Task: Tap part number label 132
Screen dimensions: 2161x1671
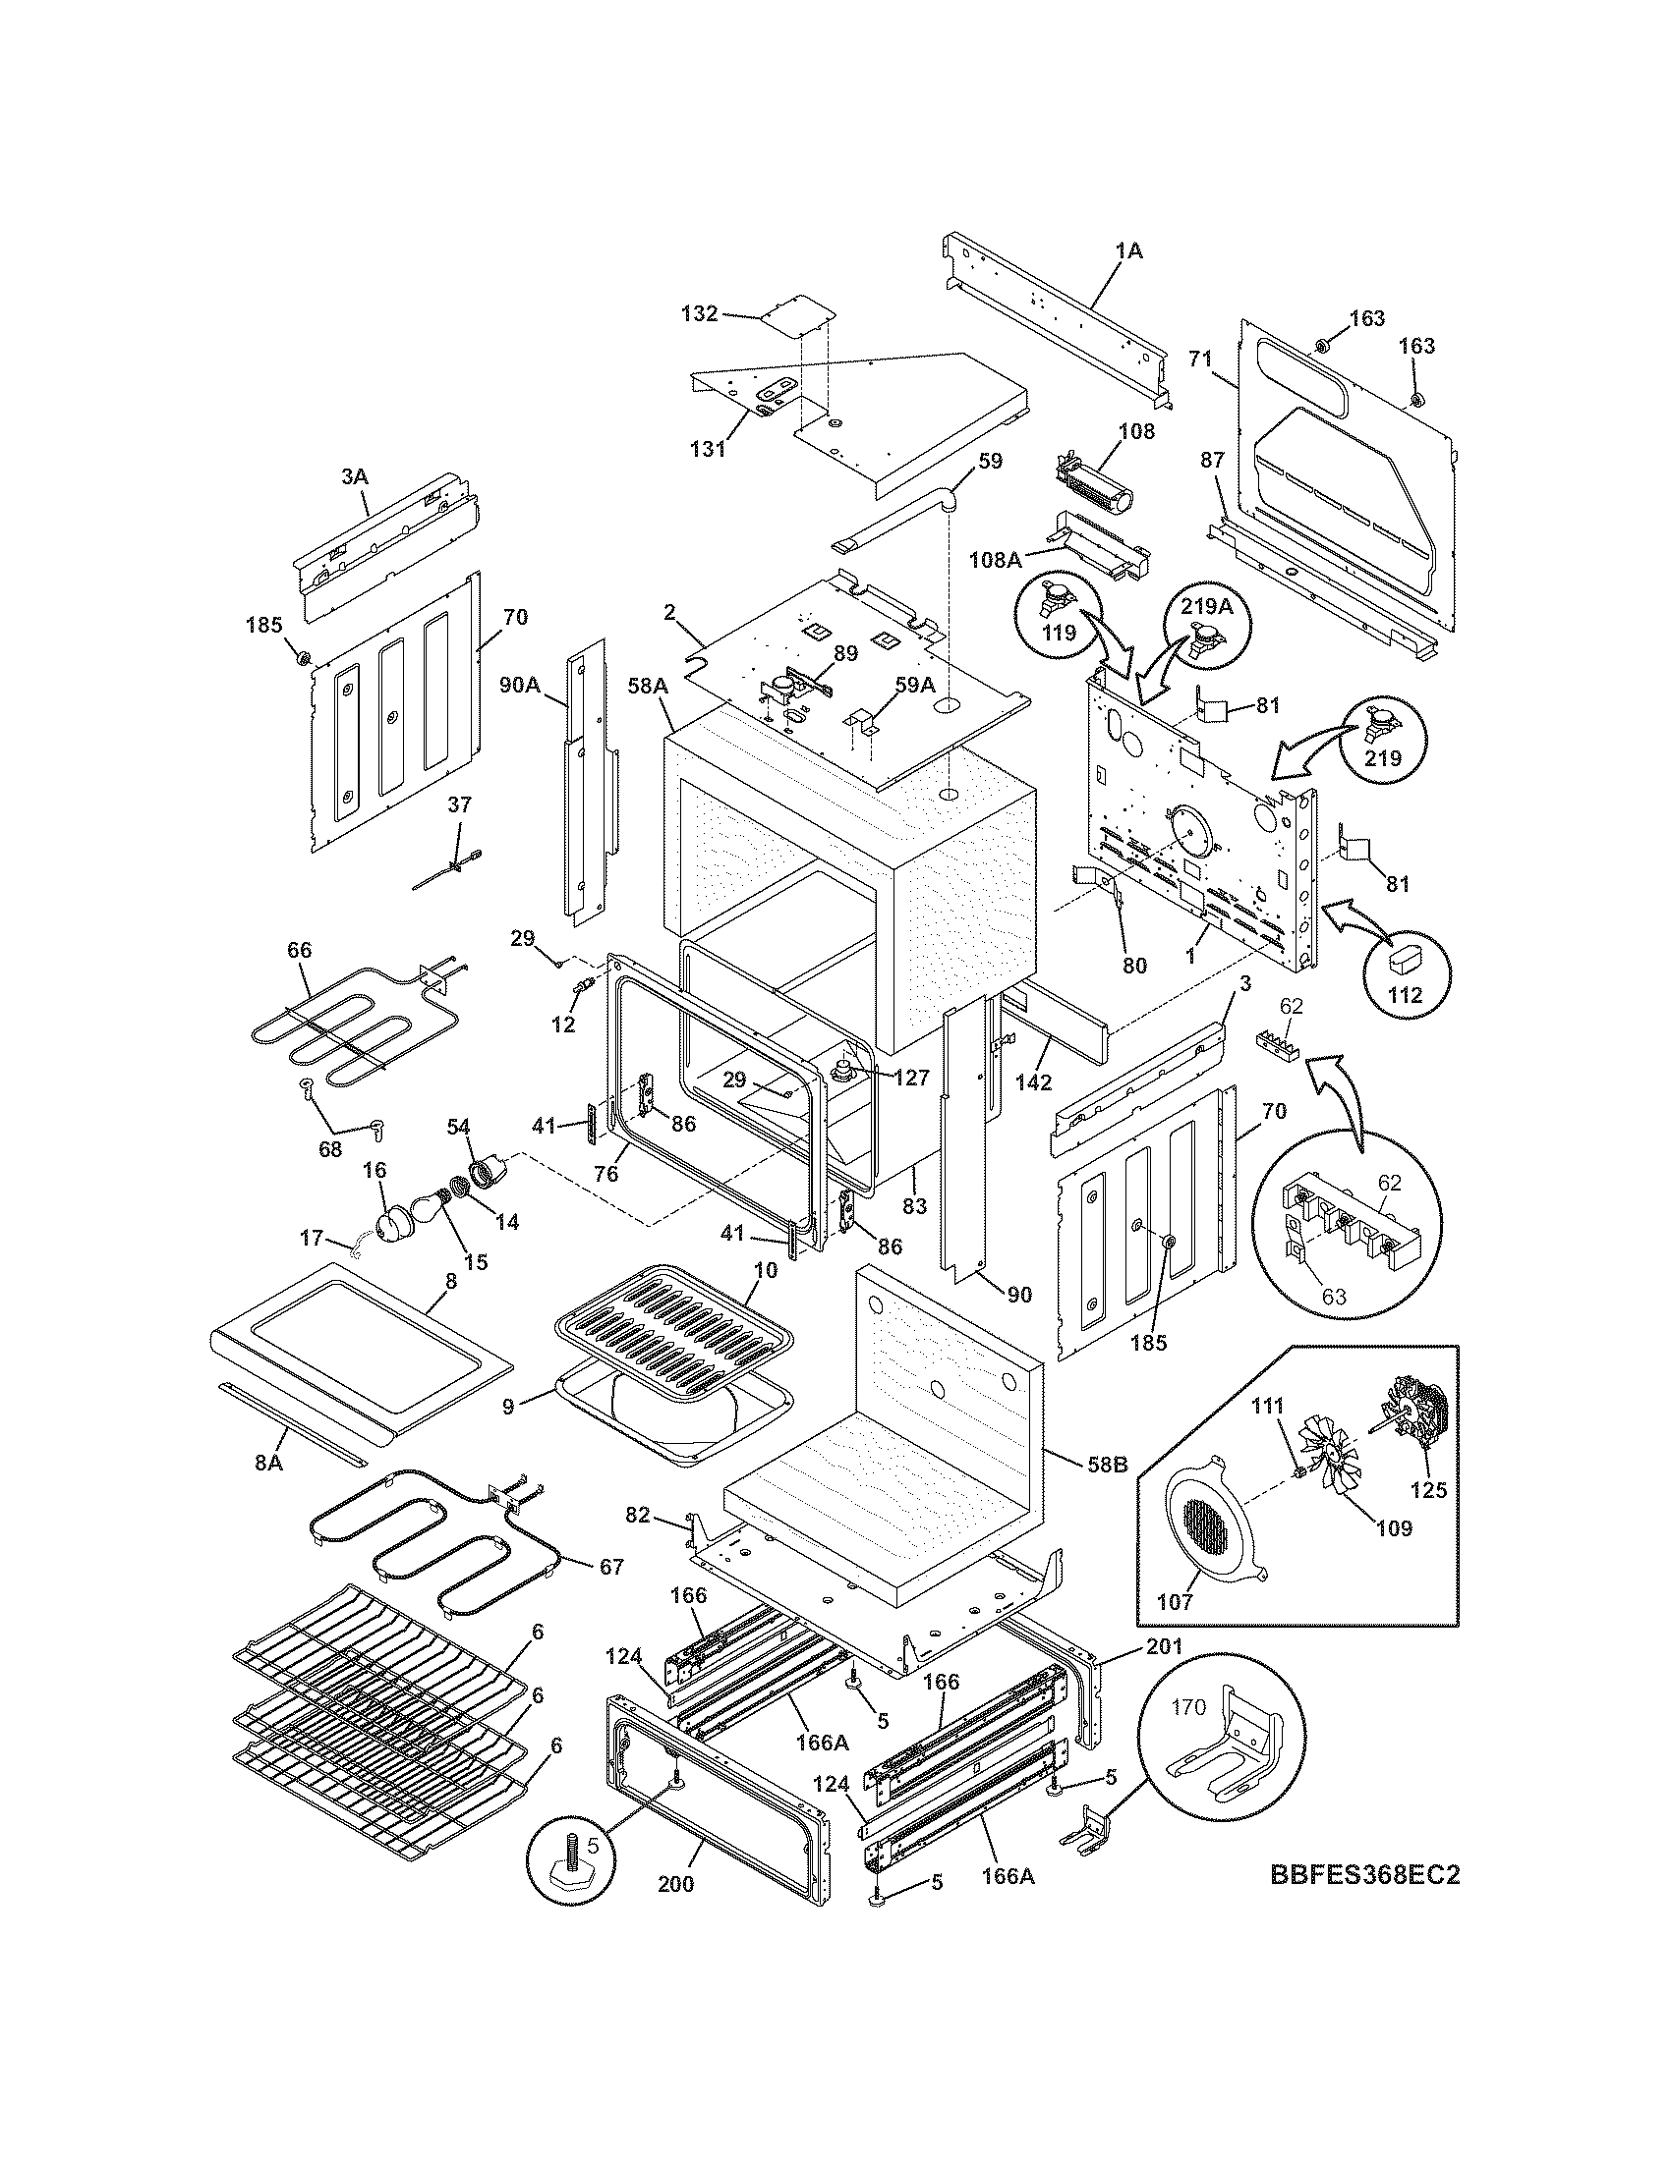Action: click(x=699, y=314)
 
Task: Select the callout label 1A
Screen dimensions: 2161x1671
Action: click(x=1128, y=251)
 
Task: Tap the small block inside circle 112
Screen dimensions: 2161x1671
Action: click(x=1406, y=956)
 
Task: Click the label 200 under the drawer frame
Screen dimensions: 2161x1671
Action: click(x=675, y=1912)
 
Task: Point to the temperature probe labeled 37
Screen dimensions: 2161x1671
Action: click(x=451, y=867)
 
